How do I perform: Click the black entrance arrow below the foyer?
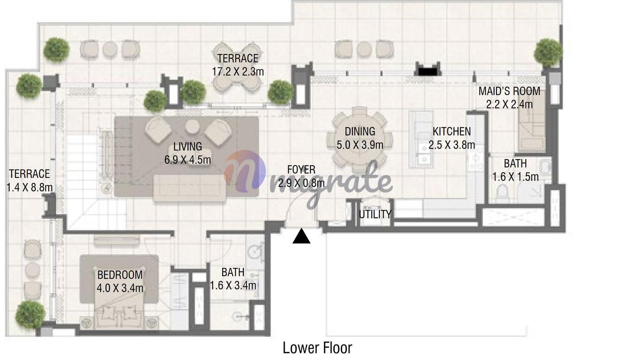click(301, 236)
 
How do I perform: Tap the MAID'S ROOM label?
click(510, 92)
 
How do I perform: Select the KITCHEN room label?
click(452, 132)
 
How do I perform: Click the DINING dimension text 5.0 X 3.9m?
click(360, 145)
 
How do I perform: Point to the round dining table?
click(360, 140)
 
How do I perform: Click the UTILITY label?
click(375, 214)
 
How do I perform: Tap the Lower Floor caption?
click(317, 348)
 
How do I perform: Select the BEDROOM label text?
click(120, 275)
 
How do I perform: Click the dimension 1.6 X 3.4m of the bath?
click(233, 286)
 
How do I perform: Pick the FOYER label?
click(301, 170)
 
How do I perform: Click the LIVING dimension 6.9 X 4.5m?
click(188, 160)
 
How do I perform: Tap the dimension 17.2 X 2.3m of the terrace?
click(238, 72)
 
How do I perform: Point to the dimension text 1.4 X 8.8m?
click(29, 187)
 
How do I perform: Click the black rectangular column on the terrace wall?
click(428, 72)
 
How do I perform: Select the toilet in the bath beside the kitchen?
click(502, 191)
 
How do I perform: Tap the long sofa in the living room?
click(189, 188)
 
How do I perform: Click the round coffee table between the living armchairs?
click(192, 126)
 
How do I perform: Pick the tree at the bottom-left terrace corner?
click(30, 315)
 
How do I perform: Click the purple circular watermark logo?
click(245, 171)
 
